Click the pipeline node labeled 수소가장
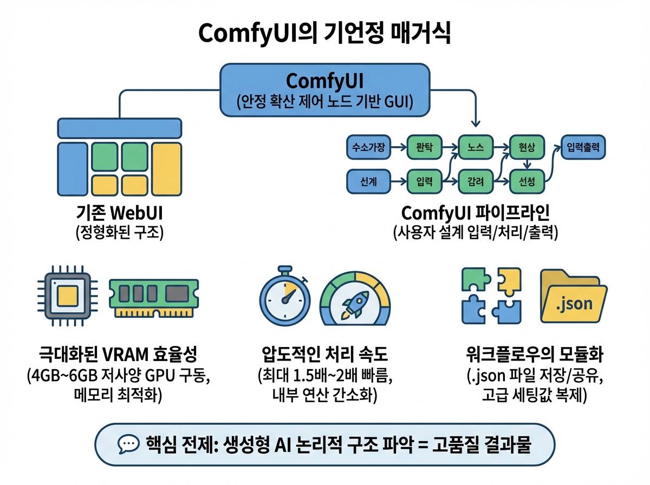[368, 147]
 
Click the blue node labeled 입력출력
[583, 147]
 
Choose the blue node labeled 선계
[368, 182]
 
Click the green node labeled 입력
[424, 182]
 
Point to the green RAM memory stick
[154, 294]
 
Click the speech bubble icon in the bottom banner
[128, 445]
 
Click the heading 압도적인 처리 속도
[324, 356]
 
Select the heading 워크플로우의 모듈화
[534, 356]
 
